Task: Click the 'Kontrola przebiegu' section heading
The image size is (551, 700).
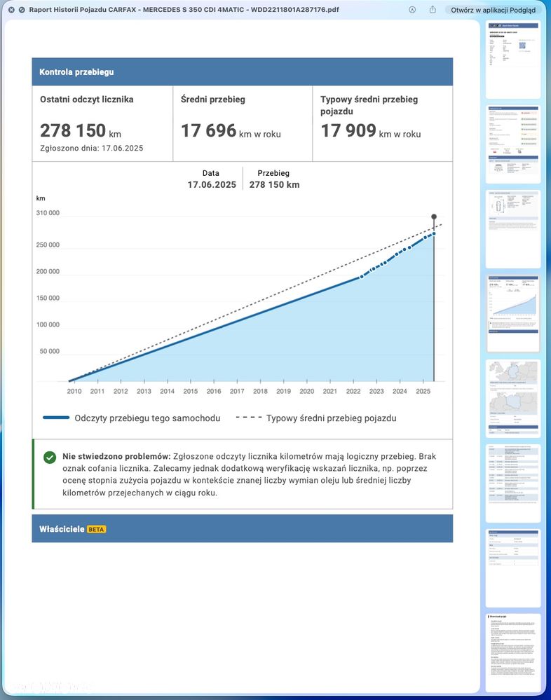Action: tap(76, 71)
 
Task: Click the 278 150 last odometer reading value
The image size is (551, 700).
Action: tap(73, 130)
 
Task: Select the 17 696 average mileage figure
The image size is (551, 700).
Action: tap(208, 130)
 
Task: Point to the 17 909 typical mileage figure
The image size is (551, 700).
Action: tap(348, 130)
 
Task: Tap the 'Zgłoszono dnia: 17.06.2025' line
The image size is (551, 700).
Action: tap(92, 148)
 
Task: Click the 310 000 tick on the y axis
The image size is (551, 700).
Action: tap(48, 213)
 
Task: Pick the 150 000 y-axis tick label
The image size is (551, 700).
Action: tap(48, 298)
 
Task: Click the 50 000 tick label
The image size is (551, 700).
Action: tap(49, 351)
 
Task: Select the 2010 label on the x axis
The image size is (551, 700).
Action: tap(74, 391)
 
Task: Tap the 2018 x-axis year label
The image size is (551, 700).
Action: tap(260, 391)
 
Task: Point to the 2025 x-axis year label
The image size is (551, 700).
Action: tap(423, 391)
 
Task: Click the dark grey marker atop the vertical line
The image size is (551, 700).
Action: tap(434, 217)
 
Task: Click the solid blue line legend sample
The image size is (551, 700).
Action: tap(55, 418)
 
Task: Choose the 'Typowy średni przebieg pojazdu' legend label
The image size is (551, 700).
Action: tap(331, 418)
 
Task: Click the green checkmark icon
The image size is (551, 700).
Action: tap(50, 457)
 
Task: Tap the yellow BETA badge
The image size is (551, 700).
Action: tap(96, 529)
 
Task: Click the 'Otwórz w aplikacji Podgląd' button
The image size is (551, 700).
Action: tap(493, 10)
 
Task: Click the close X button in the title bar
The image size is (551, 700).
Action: tap(11, 10)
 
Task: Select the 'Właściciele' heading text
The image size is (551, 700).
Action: tap(62, 529)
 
